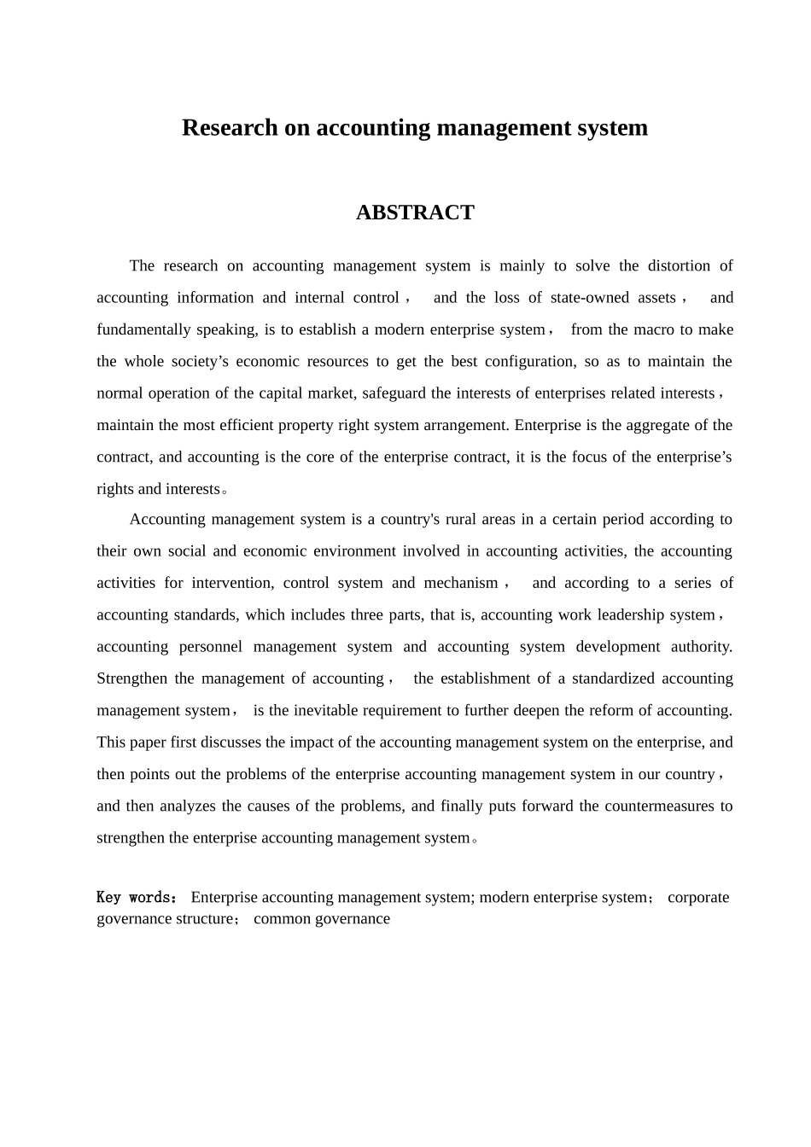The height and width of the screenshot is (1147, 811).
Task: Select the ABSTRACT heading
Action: click(x=415, y=213)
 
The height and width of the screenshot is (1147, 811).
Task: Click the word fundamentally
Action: click(x=142, y=329)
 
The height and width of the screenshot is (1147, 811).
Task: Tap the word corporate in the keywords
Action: click(x=698, y=897)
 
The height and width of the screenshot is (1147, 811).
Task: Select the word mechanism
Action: click(x=461, y=583)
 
